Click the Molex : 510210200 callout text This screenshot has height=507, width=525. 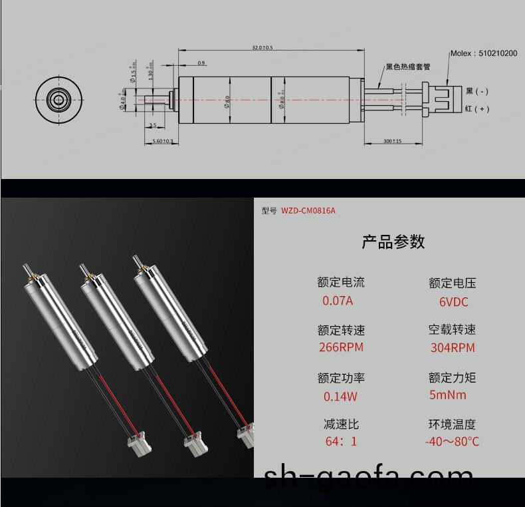click(483, 53)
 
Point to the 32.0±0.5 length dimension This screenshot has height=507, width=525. click(262, 48)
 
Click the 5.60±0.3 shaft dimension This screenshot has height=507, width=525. click(162, 141)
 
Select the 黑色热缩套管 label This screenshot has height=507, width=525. click(408, 67)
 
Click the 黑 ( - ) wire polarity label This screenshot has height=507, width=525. click(477, 91)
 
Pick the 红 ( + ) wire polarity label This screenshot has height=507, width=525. click(477, 108)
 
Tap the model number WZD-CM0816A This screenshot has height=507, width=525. click(308, 211)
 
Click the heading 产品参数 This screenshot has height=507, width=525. click(393, 242)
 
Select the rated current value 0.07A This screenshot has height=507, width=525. click(338, 300)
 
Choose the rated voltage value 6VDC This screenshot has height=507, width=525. click(453, 302)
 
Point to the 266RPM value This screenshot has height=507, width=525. click(342, 347)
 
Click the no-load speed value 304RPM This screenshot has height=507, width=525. click(453, 347)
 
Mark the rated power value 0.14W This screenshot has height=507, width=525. click(340, 397)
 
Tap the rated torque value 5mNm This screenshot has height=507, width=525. click(449, 395)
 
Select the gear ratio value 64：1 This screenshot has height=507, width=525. click(341, 441)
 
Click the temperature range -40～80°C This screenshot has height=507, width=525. click(452, 441)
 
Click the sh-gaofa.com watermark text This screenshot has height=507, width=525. click(369, 479)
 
